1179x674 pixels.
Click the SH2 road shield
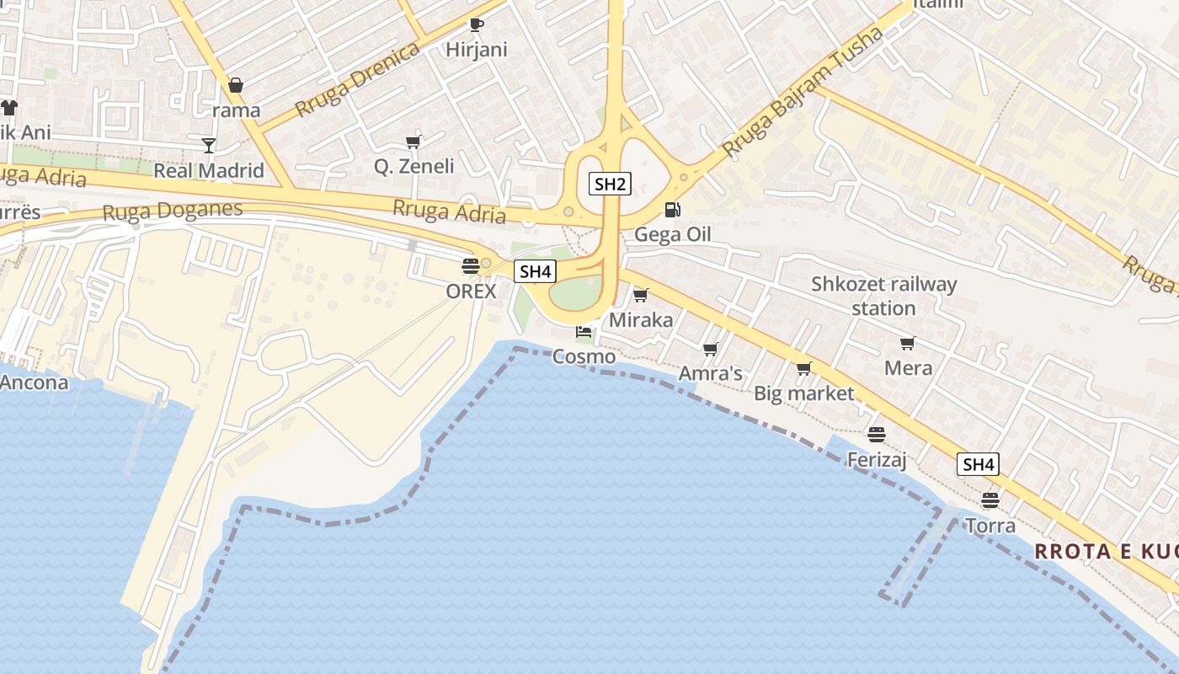(x=609, y=184)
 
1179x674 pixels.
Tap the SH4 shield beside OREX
(x=536, y=271)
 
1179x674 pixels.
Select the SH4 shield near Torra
(x=978, y=464)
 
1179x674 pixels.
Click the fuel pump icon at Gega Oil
(x=672, y=210)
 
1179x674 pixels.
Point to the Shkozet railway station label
(x=883, y=296)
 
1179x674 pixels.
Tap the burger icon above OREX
(x=471, y=267)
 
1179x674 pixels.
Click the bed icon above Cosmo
(x=583, y=333)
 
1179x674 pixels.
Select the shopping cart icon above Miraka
(x=641, y=295)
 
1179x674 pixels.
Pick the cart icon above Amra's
(x=710, y=349)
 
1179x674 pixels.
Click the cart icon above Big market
(x=803, y=368)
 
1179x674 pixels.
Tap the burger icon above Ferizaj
(x=877, y=435)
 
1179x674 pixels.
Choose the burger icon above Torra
(x=990, y=500)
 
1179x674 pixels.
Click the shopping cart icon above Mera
(x=907, y=343)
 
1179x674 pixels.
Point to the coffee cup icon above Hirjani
(x=476, y=24)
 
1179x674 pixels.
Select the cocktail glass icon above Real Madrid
(x=209, y=146)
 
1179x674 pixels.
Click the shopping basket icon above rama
(x=236, y=85)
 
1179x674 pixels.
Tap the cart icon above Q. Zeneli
(x=413, y=142)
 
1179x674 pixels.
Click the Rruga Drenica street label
(x=357, y=80)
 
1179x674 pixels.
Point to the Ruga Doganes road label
(x=172, y=211)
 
